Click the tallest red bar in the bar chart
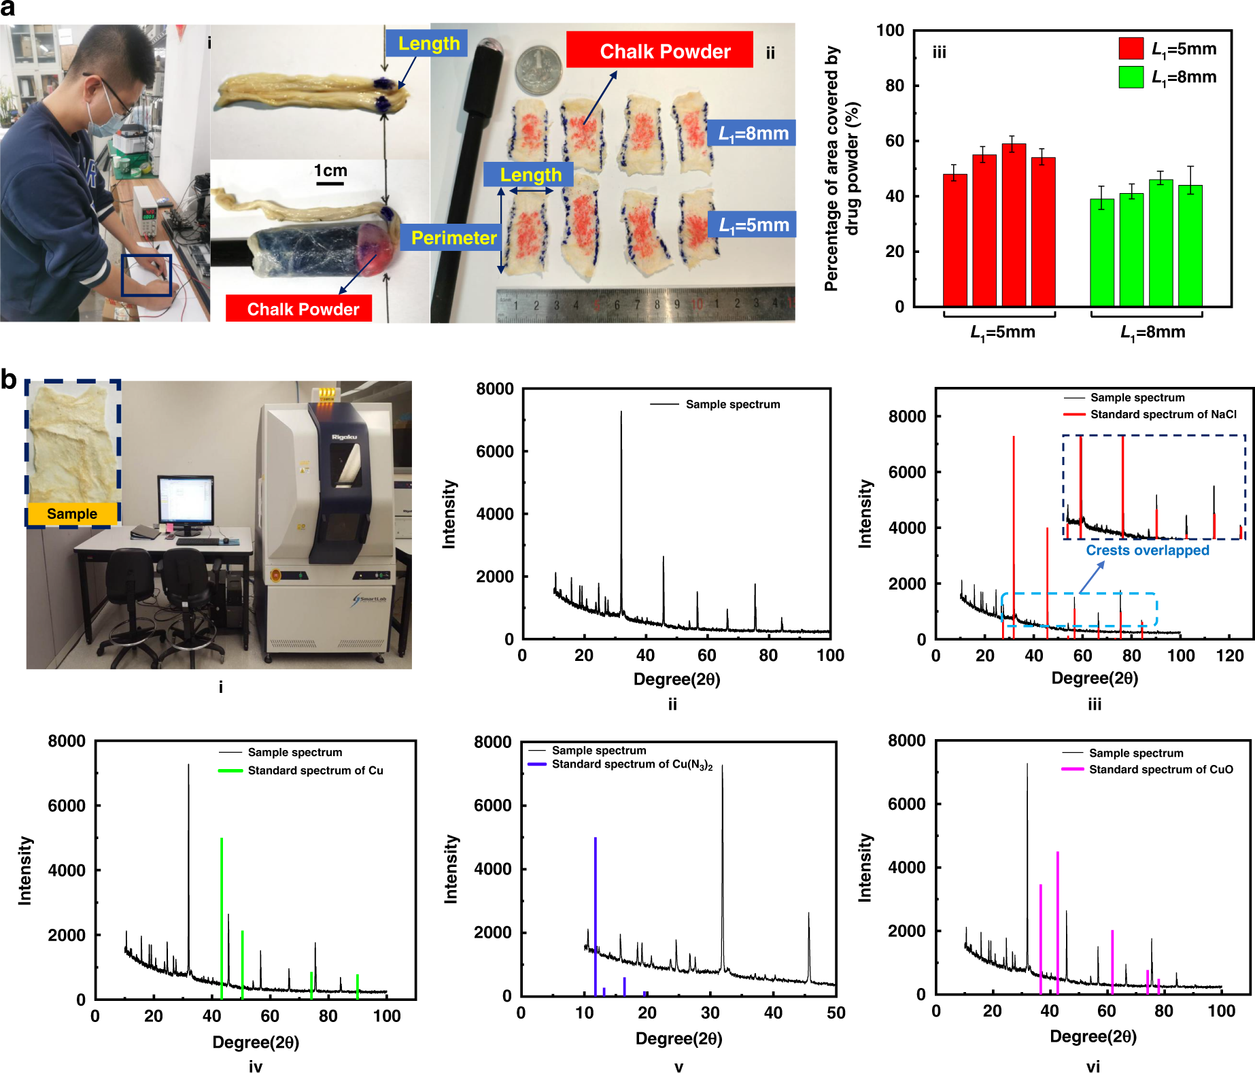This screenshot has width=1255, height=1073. [1014, 224]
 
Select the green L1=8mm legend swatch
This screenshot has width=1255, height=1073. [1131, 77]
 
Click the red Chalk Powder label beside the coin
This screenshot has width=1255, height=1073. [659, 50]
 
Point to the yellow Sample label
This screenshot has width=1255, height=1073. [72, 514]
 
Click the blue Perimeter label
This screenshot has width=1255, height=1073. [453, 238]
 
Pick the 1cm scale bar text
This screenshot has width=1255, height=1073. [330, 171]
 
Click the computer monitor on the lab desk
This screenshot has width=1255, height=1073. [185, 500]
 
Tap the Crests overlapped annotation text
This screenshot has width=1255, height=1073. [1148, 550]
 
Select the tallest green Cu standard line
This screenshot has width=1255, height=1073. [222, 918]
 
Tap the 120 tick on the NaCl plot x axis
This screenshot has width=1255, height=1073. [1230, 655]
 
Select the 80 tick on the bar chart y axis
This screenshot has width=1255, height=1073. [895, 86]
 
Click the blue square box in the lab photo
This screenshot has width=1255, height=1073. [146, 275]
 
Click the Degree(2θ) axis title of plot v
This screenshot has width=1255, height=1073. [678, 1038]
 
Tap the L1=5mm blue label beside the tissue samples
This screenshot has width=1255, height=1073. [753, 225]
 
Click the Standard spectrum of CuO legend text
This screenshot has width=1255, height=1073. [1161, 769]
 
